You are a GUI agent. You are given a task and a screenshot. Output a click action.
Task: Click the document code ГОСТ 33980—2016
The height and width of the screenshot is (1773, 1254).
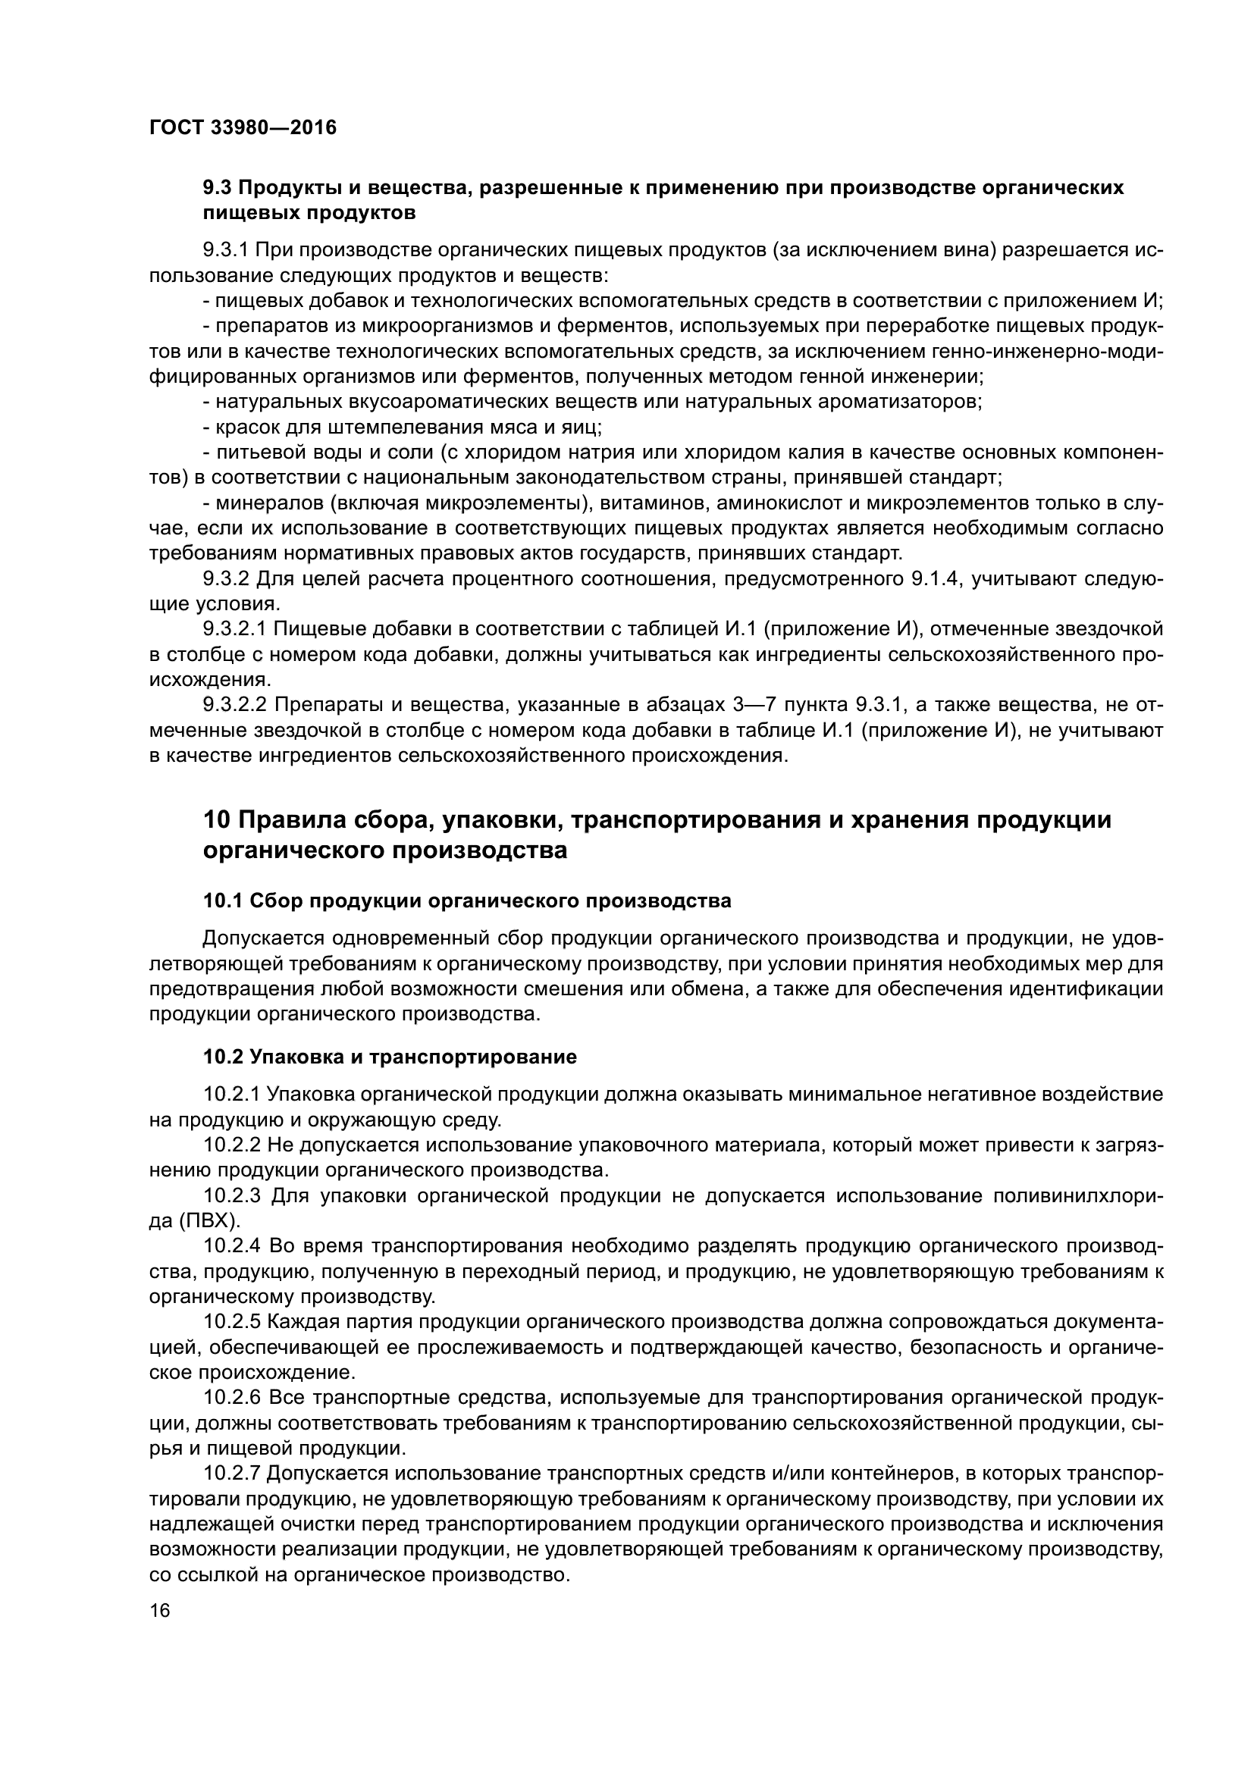click(243, 127)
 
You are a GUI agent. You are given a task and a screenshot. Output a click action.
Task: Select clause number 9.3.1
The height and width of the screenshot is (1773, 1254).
click(225, 251)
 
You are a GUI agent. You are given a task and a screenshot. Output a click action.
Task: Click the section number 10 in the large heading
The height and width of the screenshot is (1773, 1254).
click(215, 820)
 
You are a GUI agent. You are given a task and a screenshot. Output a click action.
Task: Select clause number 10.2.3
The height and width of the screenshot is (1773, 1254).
click(233, 1196)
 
